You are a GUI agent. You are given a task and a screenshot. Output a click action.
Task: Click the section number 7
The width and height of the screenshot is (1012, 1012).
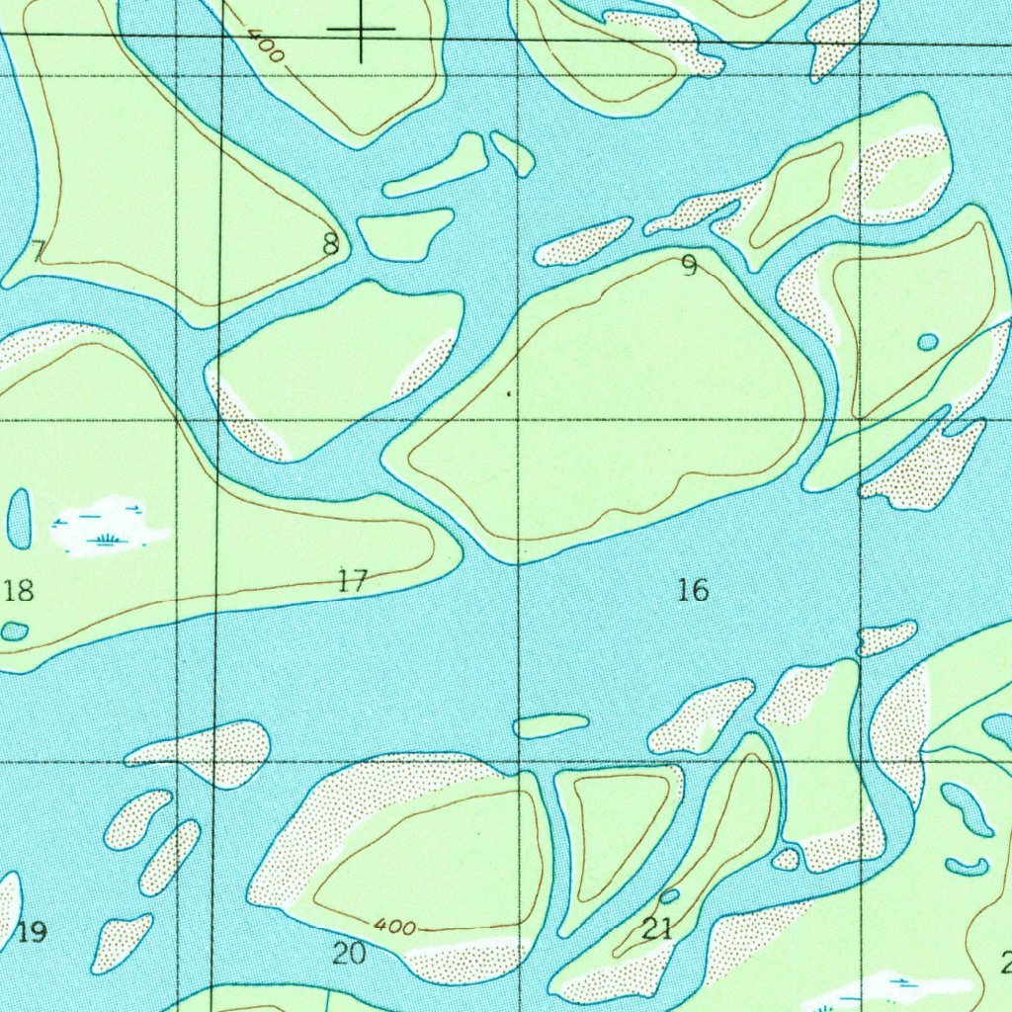tap(38, 252)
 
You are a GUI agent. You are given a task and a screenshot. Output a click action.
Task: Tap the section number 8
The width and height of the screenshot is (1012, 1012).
tap(331, 243)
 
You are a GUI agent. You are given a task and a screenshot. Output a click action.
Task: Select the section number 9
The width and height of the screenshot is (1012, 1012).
tap(689, 266)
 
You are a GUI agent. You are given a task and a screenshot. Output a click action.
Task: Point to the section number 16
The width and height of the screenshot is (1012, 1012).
tap(693, 590)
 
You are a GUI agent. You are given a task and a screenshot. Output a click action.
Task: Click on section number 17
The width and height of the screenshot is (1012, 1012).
tap(352, 581)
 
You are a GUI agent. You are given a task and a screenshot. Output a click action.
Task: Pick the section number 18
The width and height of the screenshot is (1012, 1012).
tap(19, 591)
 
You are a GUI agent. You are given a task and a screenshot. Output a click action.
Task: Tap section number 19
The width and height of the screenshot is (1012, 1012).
tap(32, 931)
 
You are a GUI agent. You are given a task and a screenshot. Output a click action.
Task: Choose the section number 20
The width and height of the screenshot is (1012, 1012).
tap(349, 953)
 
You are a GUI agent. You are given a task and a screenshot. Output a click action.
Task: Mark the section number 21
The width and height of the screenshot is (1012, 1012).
tap(657, 928)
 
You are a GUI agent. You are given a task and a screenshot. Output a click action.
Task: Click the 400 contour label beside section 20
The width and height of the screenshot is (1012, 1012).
tap(394, 927)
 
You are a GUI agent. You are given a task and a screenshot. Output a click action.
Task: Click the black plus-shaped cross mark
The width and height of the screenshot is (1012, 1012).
tap(361, 30)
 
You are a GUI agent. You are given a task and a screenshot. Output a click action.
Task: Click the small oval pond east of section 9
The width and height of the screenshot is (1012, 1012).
tap(928, 342)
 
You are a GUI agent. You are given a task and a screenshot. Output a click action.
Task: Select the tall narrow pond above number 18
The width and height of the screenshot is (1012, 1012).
tap(19, 519)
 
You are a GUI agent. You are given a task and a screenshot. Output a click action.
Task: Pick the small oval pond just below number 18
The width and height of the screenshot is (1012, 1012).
tap(14, 632)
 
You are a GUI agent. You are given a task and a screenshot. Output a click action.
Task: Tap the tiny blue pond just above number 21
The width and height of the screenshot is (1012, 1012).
tap(669, 896)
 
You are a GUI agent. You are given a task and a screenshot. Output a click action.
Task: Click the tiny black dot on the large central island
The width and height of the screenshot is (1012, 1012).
tap(508, 393)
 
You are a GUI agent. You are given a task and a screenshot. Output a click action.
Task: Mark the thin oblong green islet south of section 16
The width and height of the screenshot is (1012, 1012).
tap(550, 726)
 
